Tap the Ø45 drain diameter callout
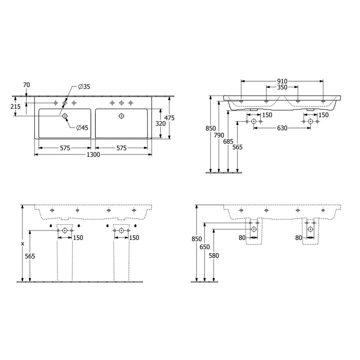point(82,128)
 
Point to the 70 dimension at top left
point(27,85)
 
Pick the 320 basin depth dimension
point(160,124)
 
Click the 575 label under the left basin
point(65,148)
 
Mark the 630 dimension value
point(282,129)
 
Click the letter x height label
point(23,243)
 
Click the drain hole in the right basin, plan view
point(121,116)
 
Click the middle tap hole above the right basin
point(121,103)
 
